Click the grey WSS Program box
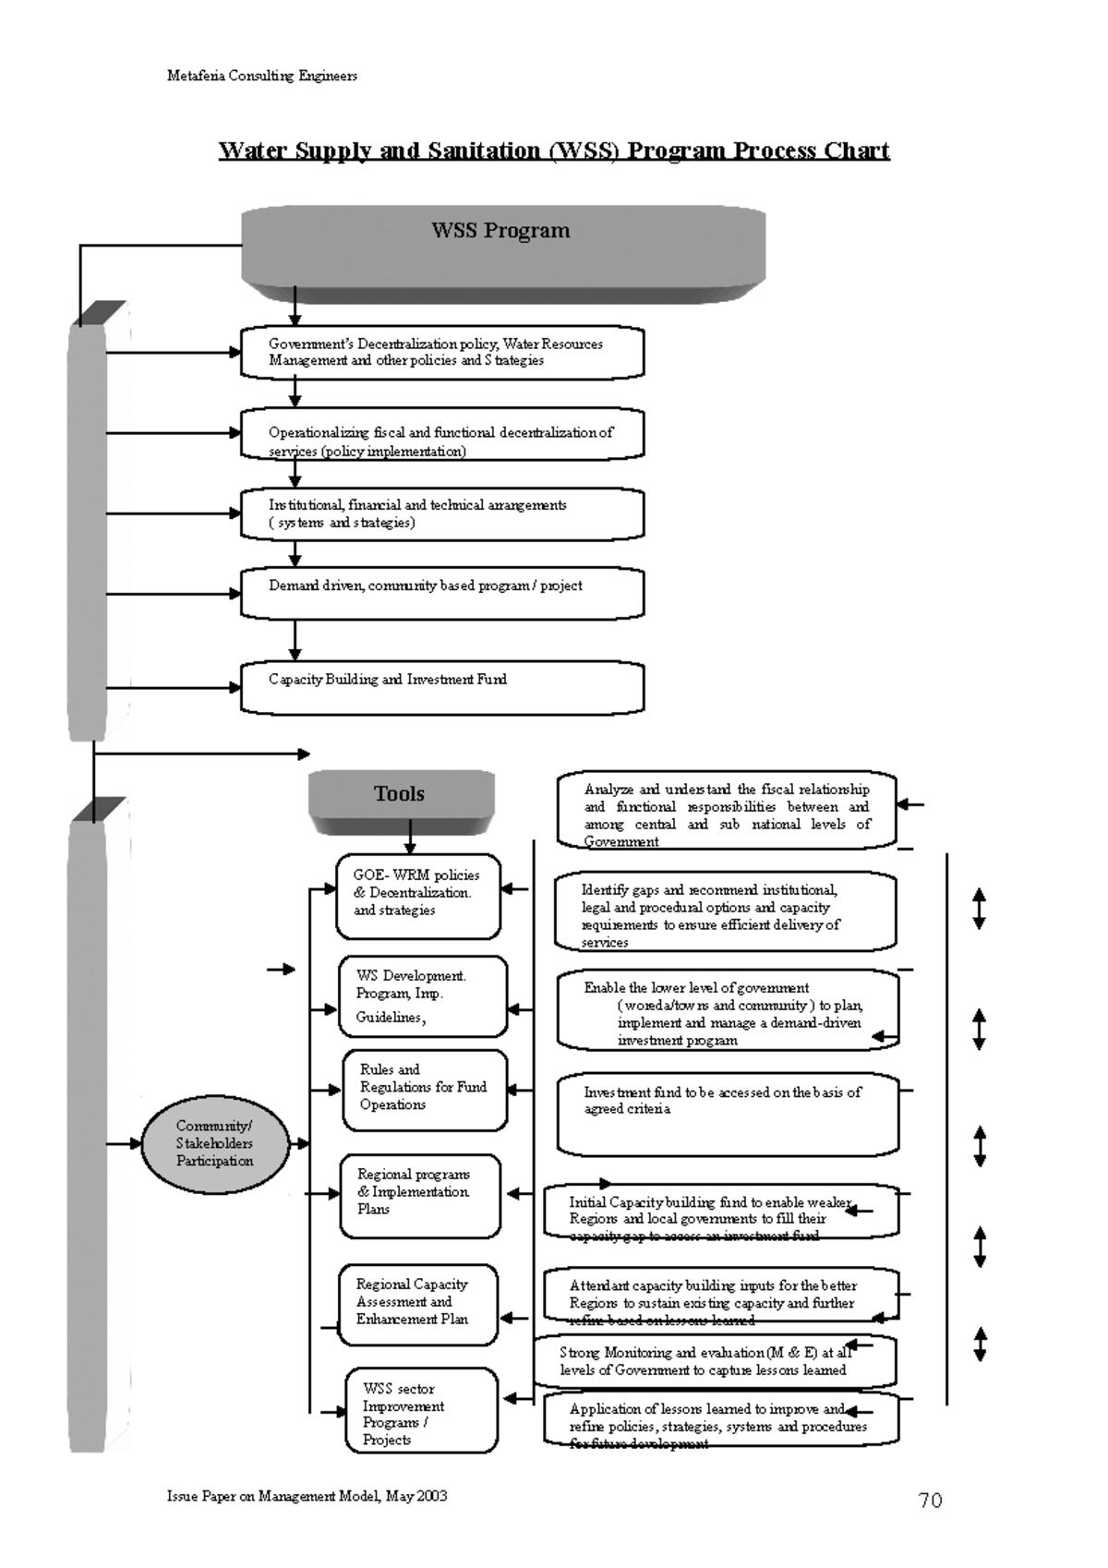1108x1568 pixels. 502,249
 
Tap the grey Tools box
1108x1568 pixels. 401,800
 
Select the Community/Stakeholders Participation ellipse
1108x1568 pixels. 214,1143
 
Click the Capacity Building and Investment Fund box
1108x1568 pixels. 441,688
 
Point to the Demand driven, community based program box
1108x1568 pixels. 441,593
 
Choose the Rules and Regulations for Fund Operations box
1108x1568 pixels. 424,1090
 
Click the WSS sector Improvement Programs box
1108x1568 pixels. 422,1411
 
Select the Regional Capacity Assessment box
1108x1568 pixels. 418,1303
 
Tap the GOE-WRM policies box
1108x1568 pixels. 418,895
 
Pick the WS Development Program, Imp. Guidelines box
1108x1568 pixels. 422,996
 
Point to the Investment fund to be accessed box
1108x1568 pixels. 727,1113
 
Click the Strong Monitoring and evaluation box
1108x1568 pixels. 715,1361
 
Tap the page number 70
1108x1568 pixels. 930,1501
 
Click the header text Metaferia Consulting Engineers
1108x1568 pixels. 261,76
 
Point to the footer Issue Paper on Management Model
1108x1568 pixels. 307,1495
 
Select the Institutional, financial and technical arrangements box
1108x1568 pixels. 441,513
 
